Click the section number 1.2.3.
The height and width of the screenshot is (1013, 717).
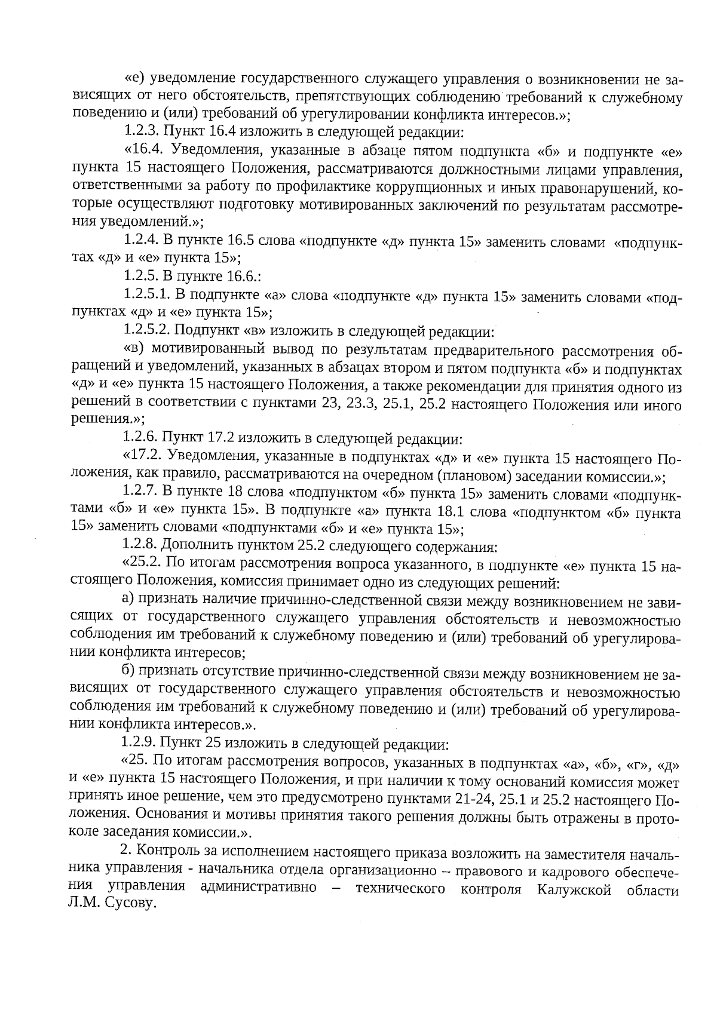pyautogui.click(x=142, y=133)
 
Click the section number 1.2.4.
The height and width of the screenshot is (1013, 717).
pyautogui.click(x=142, y=241)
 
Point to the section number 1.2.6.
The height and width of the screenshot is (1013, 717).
pyautogui.click(x=141, y=440)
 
